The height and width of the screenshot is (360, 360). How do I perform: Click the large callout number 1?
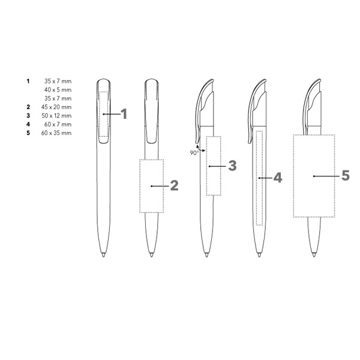coord(124,114)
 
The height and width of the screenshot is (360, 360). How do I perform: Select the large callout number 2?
coord(174,185)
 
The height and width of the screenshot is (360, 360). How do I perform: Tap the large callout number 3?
coord(232,166)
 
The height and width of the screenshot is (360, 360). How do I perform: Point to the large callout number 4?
coord(278,178)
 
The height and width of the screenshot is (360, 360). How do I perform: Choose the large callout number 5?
coord(346,176)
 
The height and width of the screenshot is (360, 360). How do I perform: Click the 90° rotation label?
coord(194,153)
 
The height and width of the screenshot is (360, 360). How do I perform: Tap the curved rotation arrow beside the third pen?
coord(200,148)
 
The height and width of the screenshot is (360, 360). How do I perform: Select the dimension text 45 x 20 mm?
coord(56,107)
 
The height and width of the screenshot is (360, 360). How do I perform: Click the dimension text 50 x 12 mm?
coord(56,116)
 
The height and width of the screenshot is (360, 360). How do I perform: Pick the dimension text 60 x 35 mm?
coord(56,133)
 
